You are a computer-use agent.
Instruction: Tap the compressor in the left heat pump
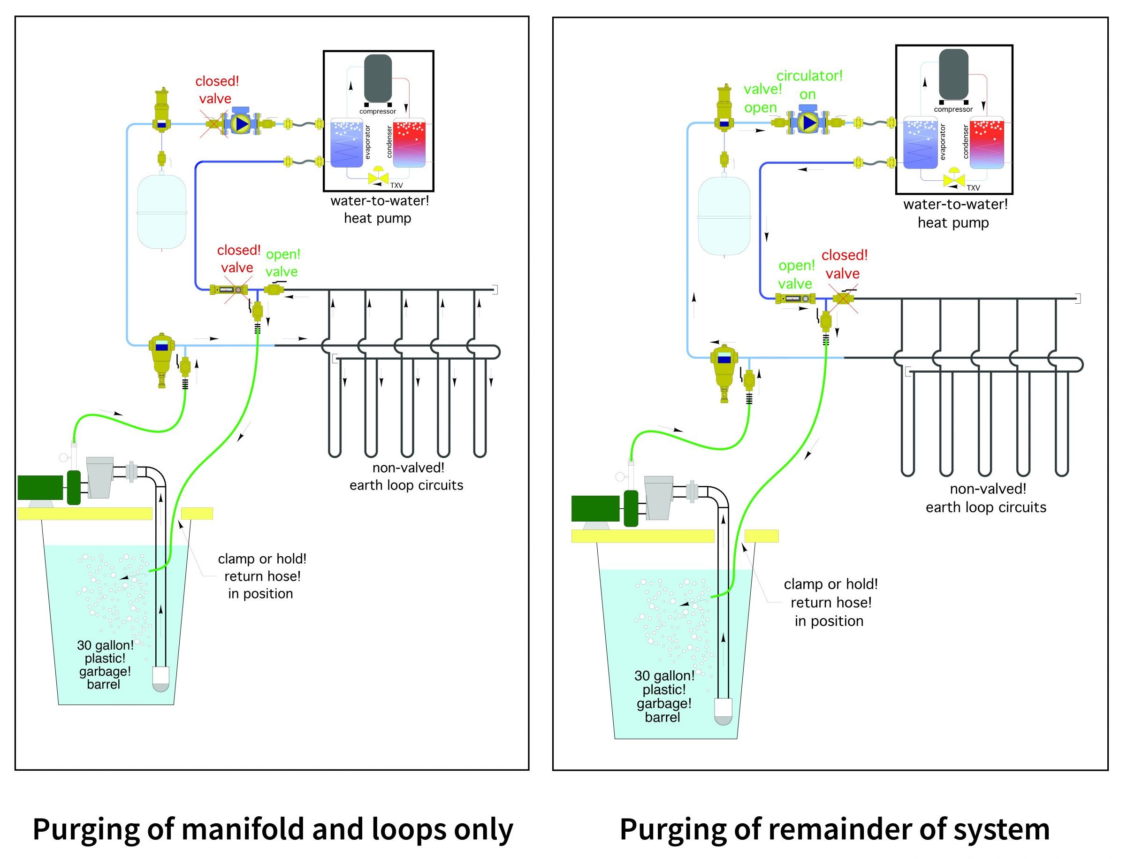coord(378,78)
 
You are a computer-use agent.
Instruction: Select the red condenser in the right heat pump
coord(987,143)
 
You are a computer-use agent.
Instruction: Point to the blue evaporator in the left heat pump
coord(346,143)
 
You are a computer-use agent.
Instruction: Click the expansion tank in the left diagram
coord(161,212)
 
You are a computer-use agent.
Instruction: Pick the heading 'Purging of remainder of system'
coord(834,829)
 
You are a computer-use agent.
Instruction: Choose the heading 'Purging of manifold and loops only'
coord(273,829)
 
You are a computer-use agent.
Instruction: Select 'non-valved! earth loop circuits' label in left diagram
coord(406,476)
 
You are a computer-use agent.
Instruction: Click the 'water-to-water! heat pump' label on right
coord(954,214)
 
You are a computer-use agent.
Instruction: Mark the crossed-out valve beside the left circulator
coord(213,124)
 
